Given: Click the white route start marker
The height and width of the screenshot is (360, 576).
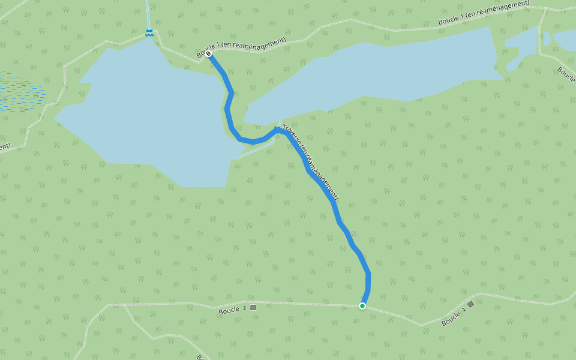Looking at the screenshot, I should click(208, 54).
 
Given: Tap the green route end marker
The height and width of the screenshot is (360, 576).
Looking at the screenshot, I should click(362, 306).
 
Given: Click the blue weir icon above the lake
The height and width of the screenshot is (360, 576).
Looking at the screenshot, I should click(149, 32).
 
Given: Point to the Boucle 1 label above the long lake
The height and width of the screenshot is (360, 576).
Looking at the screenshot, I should click(484, 13).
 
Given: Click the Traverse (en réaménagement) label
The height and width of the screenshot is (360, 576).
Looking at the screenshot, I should click(310, 162).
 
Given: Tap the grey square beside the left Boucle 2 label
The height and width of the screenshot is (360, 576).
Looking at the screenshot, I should click(253, 307).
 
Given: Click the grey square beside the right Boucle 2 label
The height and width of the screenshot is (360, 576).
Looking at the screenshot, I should click(471, 304).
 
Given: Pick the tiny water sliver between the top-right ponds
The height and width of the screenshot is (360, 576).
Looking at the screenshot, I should click(547, 39).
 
